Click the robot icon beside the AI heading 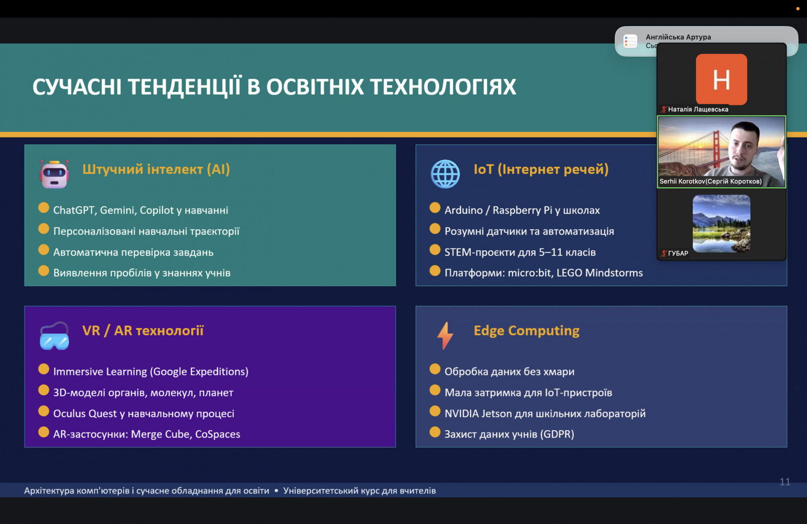[x=54, y=174]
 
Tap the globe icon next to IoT [x=445, y=174]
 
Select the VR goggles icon [x=54, y=336]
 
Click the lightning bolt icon [x=445, y=335]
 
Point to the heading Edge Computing [x=527, y=331]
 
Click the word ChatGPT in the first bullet [x=74, y=210]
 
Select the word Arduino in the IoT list [x=464, y=210]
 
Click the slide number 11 [x=785, y=482]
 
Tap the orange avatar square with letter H [x=721, y=80]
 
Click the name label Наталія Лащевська [x=698, y=109]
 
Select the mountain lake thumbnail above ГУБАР [x=721, y=224]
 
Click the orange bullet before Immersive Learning [x=44, y=369]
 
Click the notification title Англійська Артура [x=678, y=37]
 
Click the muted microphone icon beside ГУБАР [x=663, y=254]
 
